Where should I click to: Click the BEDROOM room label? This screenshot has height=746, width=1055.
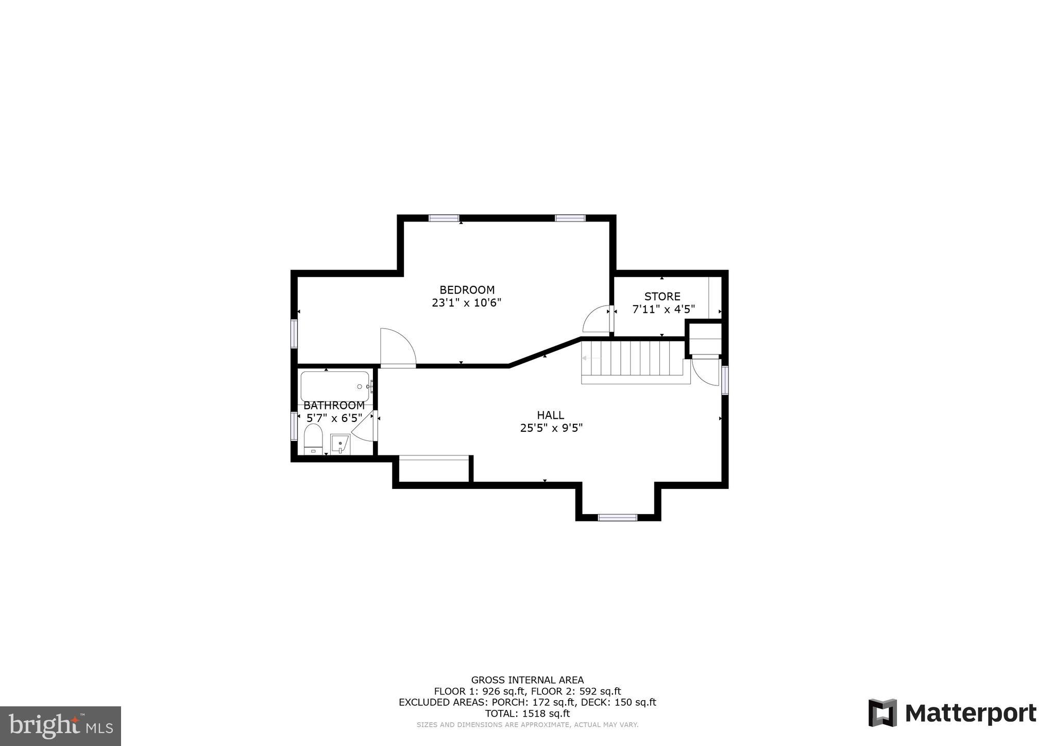click(x=467, y=290)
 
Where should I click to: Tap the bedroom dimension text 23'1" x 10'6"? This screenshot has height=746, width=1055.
click(x=467, y=303)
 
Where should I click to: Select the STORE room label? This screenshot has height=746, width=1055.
click(x=662, y=296)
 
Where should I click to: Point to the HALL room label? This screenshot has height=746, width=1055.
click(x=550, y=415)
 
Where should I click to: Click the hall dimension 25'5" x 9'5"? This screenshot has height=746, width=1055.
click(x=551, y=428)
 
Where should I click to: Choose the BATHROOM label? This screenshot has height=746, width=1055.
click(x=334, y=405)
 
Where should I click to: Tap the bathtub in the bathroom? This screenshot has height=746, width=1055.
click(x=335, y=386)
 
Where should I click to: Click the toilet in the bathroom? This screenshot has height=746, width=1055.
click(x=313, y=438)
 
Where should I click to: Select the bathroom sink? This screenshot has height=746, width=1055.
click(x=340, y=444)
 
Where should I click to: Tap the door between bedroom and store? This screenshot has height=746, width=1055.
click(x=598, y=319)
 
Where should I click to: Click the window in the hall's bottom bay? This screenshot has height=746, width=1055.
click(x=617, y=517)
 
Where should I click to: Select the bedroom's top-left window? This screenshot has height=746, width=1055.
click(x=444, y=218)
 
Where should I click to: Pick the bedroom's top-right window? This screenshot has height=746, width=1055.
click(x=570, y=218)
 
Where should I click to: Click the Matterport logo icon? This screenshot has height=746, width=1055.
click(x=882, y=713)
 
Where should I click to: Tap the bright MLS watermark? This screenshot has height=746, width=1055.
click(x=60, y=726)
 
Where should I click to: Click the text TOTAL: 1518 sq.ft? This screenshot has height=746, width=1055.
click(x=527, y=714)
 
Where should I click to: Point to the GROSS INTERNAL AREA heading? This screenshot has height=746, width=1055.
click(x=527, y=680)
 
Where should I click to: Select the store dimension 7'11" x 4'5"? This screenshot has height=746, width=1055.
click(x=663, y=309)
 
